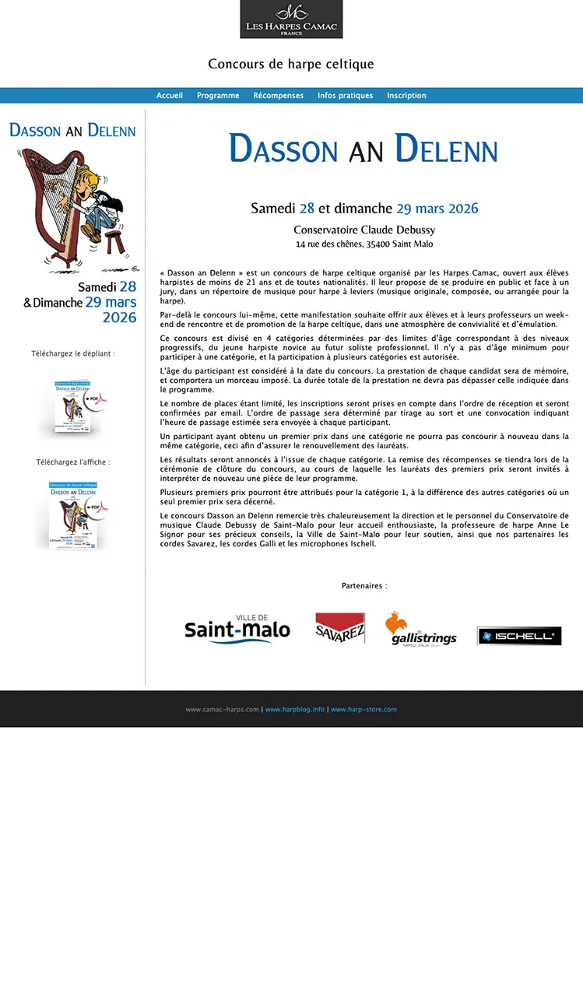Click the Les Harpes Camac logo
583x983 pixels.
[291, 19]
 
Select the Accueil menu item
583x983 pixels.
[170, 96]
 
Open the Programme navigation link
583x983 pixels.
[218, 96]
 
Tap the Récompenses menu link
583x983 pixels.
[278, 96]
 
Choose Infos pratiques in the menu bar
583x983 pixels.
[345, 96]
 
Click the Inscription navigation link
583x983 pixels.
[406, 96]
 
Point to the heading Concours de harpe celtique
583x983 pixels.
[291, 64]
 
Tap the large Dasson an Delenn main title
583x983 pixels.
[363, 149]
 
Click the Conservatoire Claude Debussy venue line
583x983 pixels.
[363, 230]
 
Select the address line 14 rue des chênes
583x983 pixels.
[363, 244]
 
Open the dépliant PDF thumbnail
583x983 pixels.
[76, 406]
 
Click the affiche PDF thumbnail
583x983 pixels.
[76, 514]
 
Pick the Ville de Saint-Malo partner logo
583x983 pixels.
[237, 629]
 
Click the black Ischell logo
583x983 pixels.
[519, 636]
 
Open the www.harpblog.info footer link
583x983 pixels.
[295, 710]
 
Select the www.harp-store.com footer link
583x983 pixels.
[363, 710]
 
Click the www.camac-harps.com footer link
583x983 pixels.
[222, 710]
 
